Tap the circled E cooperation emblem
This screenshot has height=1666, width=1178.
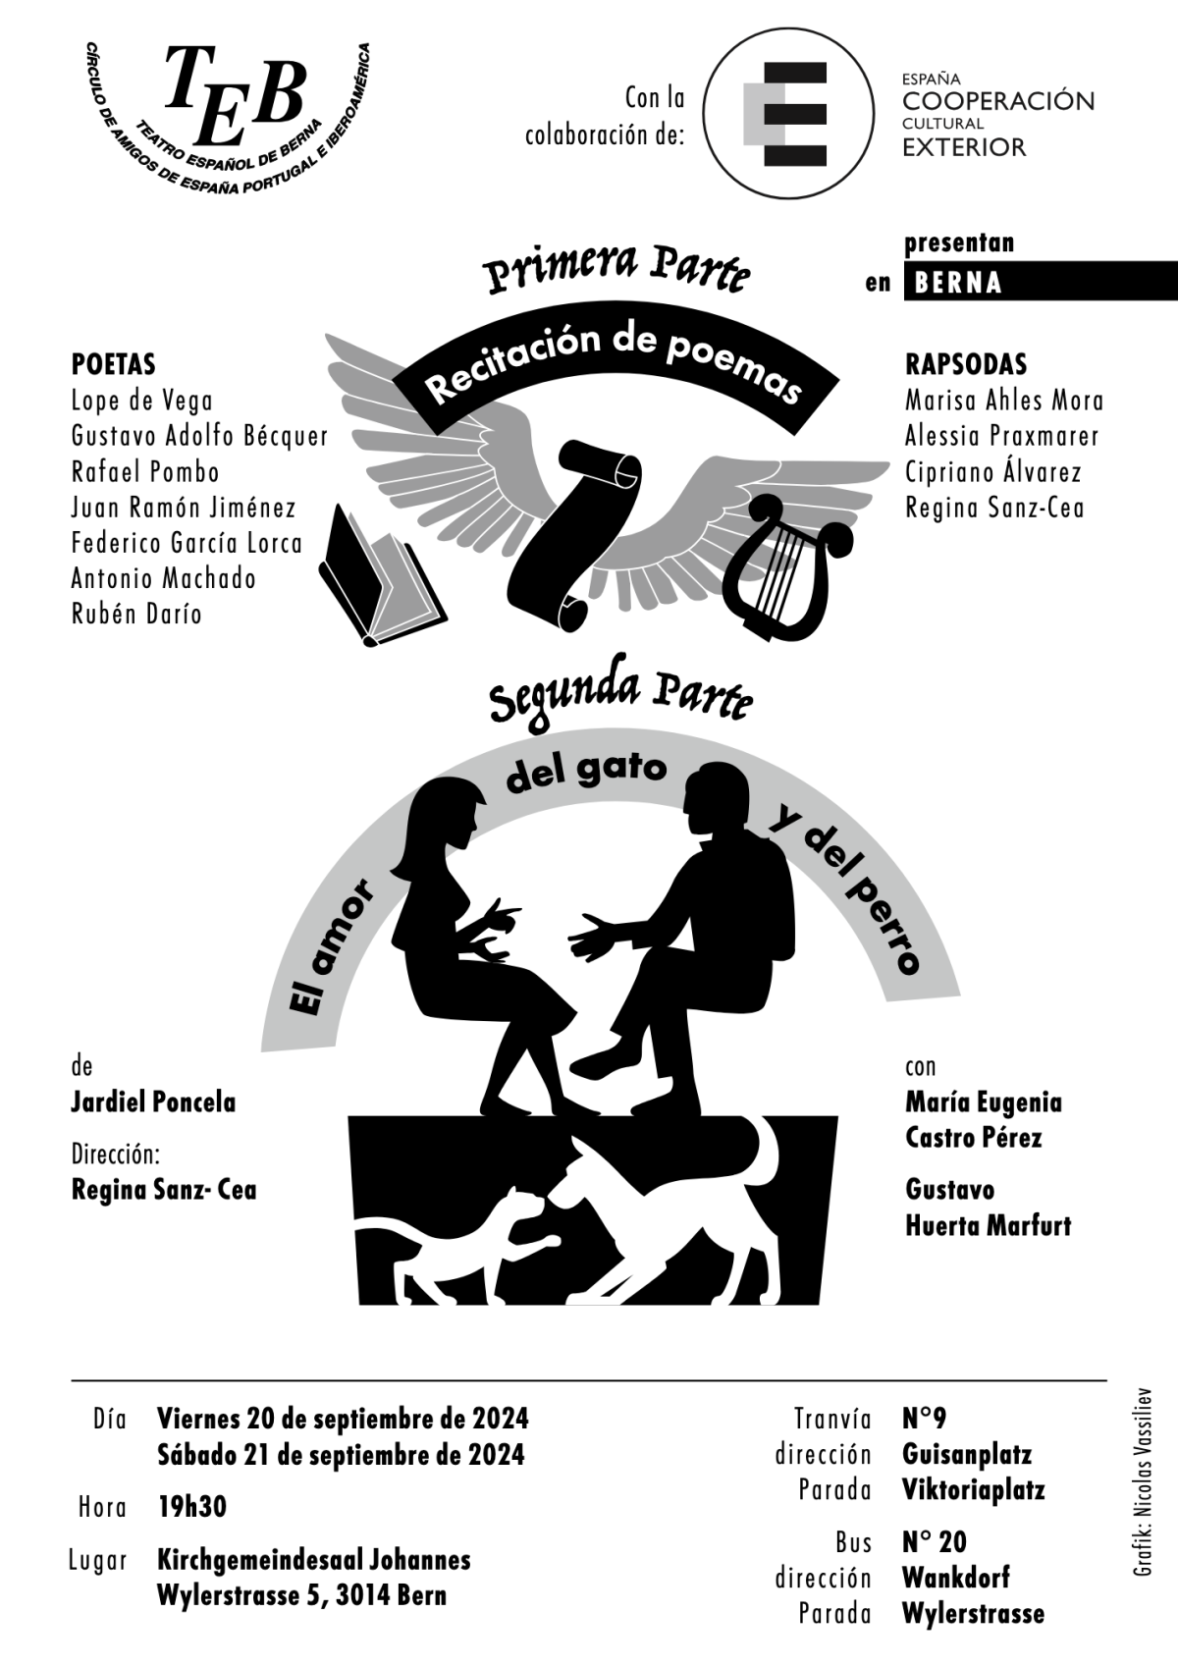(x=789, y=114)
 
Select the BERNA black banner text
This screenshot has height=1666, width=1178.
(x=958, y=283)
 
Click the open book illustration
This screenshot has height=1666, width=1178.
(x=382, y=574)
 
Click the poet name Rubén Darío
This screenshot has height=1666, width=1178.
(x=136, y=615)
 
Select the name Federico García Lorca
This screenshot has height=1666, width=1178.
(x=187, y=544)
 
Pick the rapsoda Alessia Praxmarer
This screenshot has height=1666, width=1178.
(x=1001, y=436)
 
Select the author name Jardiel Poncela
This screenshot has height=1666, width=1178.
(x=153, y=1102)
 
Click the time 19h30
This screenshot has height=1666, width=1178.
(x=191, y=1508)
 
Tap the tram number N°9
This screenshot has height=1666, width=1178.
(x=924, y=1419)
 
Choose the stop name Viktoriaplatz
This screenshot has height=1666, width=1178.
(x=974, y=1489)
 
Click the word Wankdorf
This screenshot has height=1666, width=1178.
(x=955, y=1578)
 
